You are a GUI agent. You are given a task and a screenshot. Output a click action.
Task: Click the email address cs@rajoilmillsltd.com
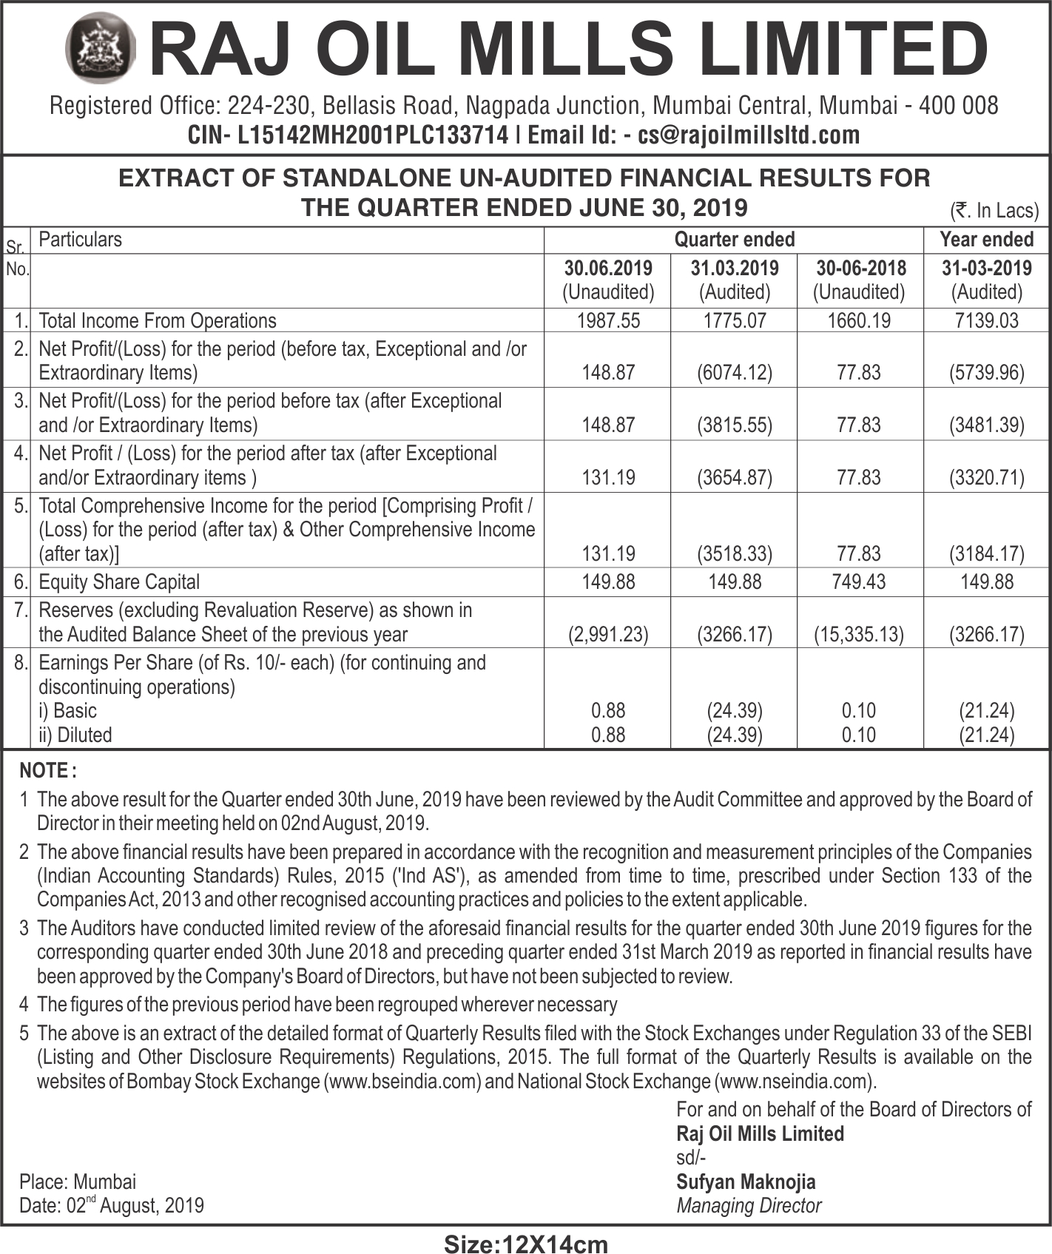click(x=749, y=135)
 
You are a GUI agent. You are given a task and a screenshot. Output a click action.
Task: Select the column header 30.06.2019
click(x=608, y=268)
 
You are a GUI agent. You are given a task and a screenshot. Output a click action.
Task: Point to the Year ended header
click(x=986, y=240)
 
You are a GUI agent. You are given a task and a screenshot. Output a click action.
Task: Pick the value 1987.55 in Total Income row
click(x=608, y=320)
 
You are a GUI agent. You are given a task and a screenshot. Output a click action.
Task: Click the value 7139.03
click(x=986, y=320)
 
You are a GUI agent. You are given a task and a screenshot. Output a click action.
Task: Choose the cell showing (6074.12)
click(x=735, y=372)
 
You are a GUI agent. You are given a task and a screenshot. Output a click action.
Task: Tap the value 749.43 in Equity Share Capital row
click(x=859, y=582)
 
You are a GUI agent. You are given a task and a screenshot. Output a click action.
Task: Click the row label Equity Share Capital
click(x=119, y=582)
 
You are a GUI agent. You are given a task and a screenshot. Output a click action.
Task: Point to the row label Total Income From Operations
click(x=158, y=320)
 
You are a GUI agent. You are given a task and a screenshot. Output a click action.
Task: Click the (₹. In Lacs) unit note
click(x=994, y=211)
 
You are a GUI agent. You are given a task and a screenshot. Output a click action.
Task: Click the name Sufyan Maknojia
click(x=746, y=1181)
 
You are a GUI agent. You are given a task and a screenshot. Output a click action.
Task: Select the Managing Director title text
click(x=749, y=1206)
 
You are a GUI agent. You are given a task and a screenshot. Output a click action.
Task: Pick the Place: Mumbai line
click(x=78, y=1181)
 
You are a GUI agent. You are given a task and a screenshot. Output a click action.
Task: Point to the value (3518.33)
click(x=735, y=553)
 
